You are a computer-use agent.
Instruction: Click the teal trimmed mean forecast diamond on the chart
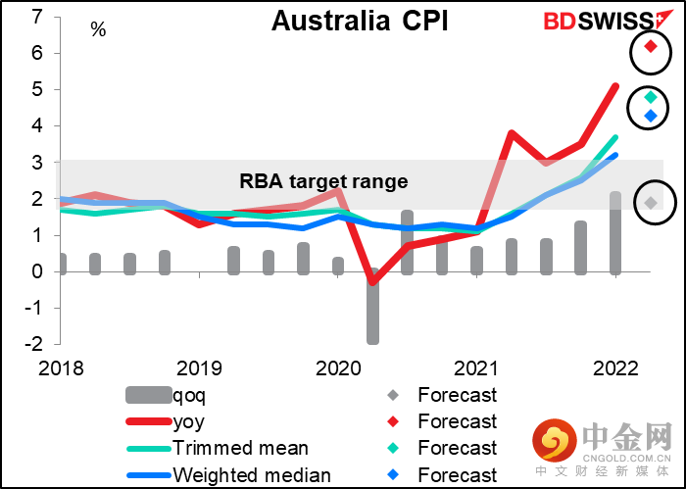(x=651, y=97)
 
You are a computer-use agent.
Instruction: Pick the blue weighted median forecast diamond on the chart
(x=651, y=116)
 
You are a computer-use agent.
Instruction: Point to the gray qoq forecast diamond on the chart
(x=651, y=203)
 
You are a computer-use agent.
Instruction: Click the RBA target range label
(x=322, y=181)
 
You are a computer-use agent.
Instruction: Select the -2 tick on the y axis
(x=33, y=345)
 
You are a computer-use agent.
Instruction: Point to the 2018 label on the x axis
(x=61, y=369)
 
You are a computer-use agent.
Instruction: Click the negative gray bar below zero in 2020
(x=372, y=307)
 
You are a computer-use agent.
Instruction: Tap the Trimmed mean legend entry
(x=240, y=449)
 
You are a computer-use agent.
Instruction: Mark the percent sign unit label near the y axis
(x=98, y=29)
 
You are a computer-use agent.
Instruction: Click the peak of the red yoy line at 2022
(x=614, y=86)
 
